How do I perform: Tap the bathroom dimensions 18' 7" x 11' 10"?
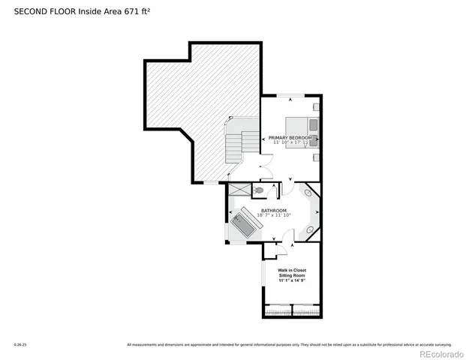(273, 215)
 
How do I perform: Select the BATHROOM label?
(273, 210)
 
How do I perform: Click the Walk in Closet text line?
(292, 270)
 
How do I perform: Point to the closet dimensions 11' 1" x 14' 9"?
(292, 280)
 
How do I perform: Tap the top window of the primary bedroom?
(290, 95)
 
